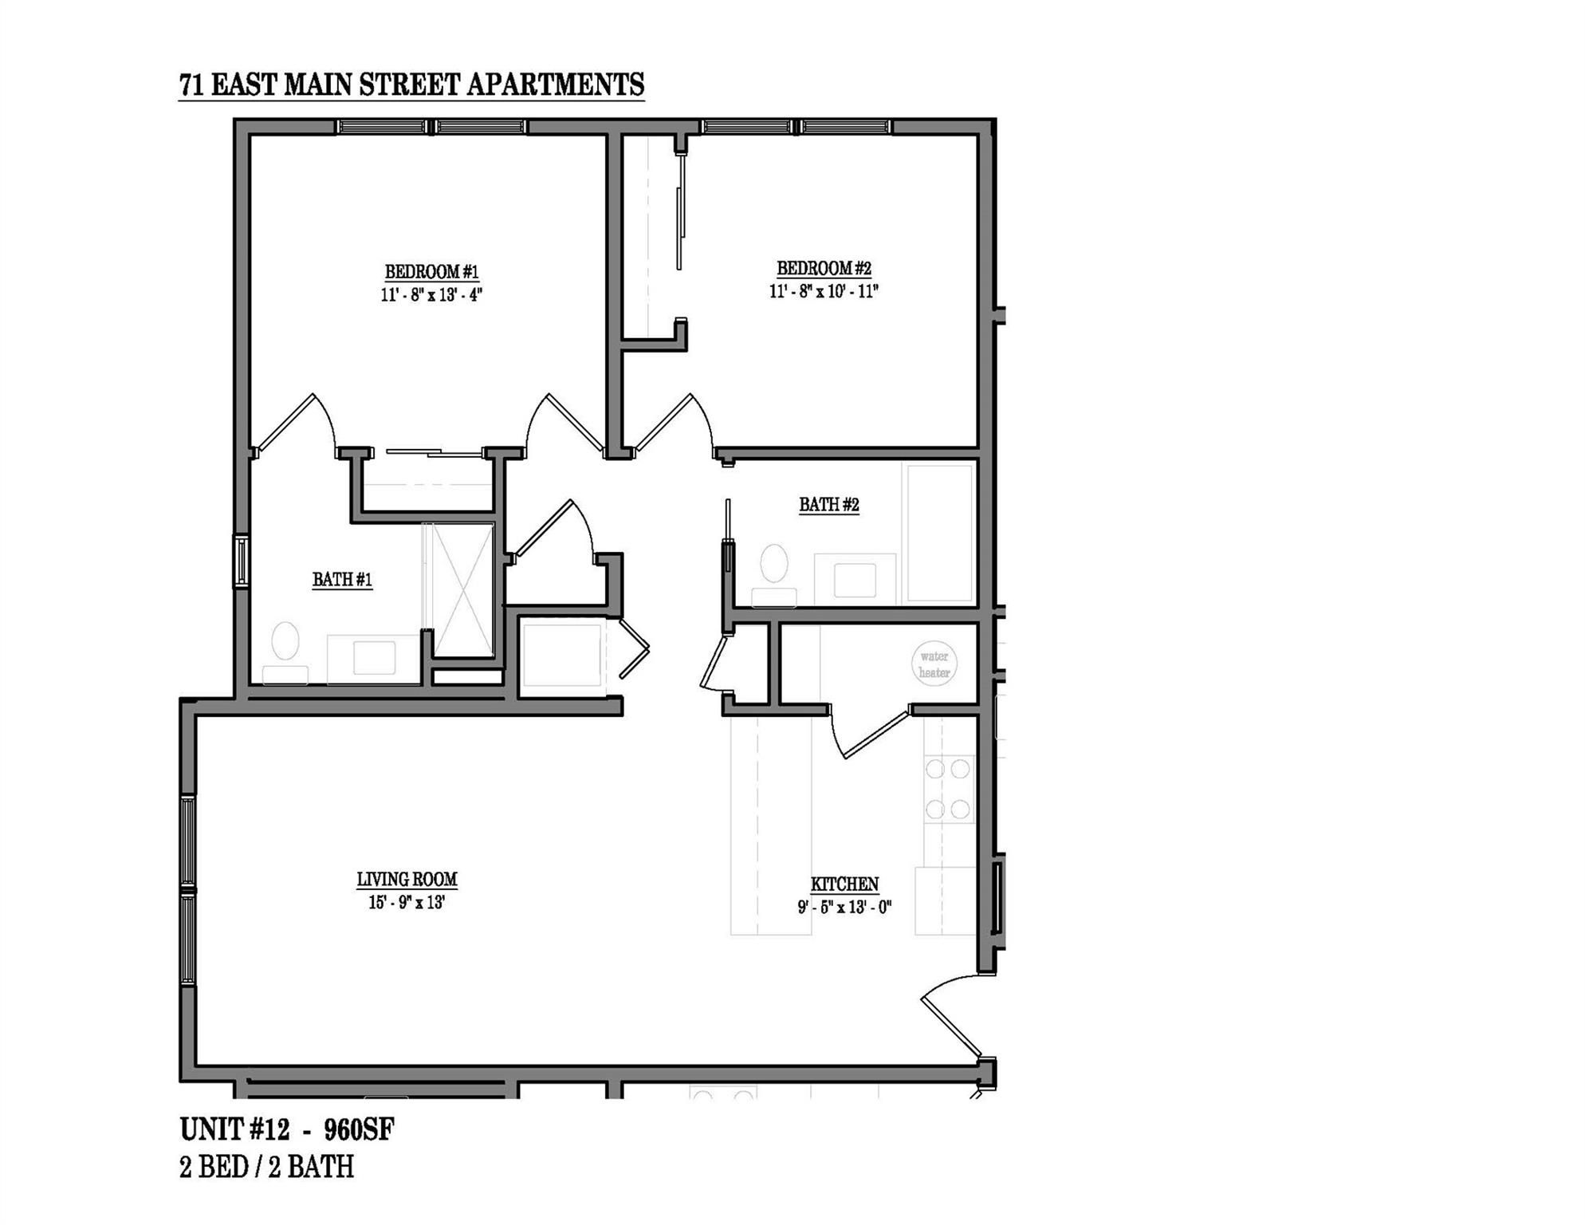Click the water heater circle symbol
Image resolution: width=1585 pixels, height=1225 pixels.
(x=934, y=664)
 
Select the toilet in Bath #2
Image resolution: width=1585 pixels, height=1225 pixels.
(x=774, y=574)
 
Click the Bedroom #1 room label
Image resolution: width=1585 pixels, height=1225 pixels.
(x=431, y=272)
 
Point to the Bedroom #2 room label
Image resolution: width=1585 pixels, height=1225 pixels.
(x=824, y=269)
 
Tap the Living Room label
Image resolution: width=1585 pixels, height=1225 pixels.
(x=407, y=880)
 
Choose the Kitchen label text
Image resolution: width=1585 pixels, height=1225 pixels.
(x=844, y=884)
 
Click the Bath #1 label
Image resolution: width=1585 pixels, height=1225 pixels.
(x=342, y=580)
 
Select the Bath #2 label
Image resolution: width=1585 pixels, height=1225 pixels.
(x=829, y=505)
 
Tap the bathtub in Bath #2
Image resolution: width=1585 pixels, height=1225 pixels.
(x=940, y=534)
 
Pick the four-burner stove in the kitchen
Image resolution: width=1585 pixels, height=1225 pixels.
(x=948, y=790)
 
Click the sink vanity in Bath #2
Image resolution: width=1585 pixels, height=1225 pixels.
(x=855, y=580)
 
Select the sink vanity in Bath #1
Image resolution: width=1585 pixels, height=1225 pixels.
(x=374, y=659)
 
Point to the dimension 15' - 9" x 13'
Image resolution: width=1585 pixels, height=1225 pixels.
(x=407, y=903)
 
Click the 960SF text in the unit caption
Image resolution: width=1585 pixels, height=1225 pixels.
(x=359, y=1130)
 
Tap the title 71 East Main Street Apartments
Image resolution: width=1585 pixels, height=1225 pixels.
(x=411, y=85)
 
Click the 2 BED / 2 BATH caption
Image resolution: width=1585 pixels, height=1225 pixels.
(x=266, y=1168)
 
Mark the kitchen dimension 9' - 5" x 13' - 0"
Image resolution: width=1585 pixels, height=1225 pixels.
(x=844, y=907)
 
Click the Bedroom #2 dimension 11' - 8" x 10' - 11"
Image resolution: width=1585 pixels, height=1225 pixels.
(x=824, y=291)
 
